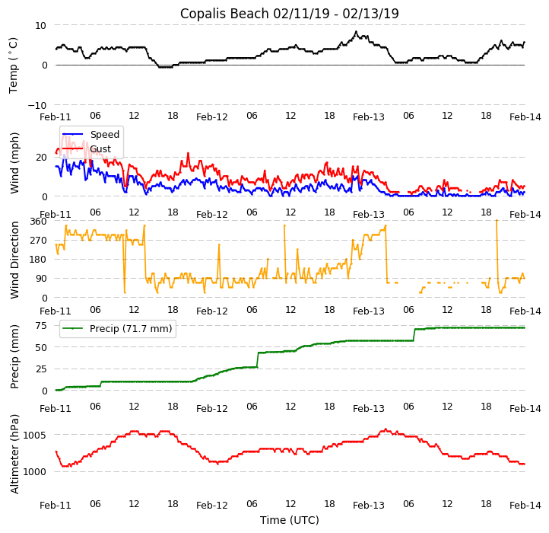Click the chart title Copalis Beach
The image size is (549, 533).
[x=289, y=14]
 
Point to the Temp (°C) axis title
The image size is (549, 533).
[x=14, y=65]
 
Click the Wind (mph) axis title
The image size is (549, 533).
[x=14, y=162]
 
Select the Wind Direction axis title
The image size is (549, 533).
[x=14, y=259]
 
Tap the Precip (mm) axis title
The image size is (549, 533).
[x=14, y=356]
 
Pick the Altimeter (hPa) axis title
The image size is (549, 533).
[x=14, y=453]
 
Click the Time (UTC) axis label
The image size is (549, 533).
[x=289, y=520]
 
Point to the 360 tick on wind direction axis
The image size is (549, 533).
[x=37, y=222]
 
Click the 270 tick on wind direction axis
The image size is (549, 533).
[x=37, y=241]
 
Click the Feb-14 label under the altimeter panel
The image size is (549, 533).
[x=525, y=506]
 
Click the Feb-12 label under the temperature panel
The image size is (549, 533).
[x=212, y=117]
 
